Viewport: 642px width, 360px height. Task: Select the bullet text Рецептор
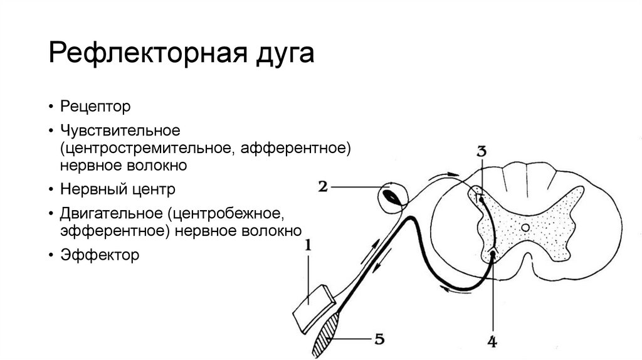pyautogui.click(x=96, y=107)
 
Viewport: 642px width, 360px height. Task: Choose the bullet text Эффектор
pyautogui.click(x=99, y=255)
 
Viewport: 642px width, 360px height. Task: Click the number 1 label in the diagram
pyautogui.click(x=308, y=248)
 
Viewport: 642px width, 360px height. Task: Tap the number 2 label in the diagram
pyautogui.click(x=323, y=186)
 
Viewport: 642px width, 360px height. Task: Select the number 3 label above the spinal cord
pyautogui.click(x=481, y=151)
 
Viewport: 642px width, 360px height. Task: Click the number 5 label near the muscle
pyautogui.click(x=379, y=339)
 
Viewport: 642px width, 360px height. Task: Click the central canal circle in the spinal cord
pyautogui.click(x=525, y=228)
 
